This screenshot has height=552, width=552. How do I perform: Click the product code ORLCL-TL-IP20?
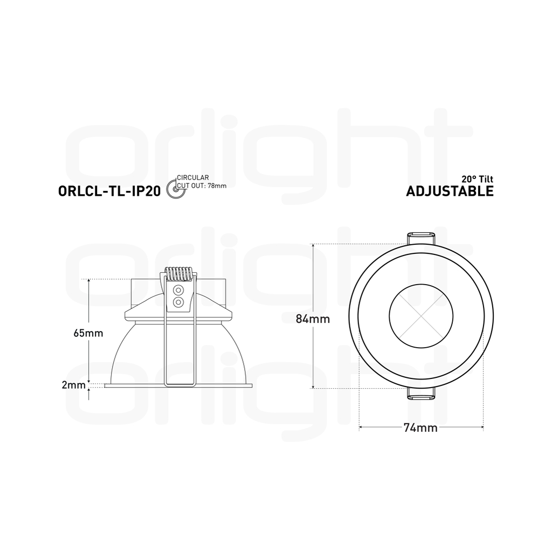click(x=109, y=191)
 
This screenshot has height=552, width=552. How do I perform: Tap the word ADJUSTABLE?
click(x=450, y=191)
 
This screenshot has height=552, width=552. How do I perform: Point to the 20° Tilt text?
click(x=478, y=179)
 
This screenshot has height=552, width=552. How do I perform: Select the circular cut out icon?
click(x=175, y=189)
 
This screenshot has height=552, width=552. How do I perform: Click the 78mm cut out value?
click(x=217, y=185)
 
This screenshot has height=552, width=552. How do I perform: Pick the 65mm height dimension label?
click(x=88, y=333)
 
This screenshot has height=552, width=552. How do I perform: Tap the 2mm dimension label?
click(x=73, y=385)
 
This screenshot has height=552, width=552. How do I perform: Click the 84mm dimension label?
click(x=313, y=319)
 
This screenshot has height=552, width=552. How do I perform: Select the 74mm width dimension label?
click(x=420, y=427)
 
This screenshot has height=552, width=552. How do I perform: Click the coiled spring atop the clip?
click(x=178, y=274)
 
